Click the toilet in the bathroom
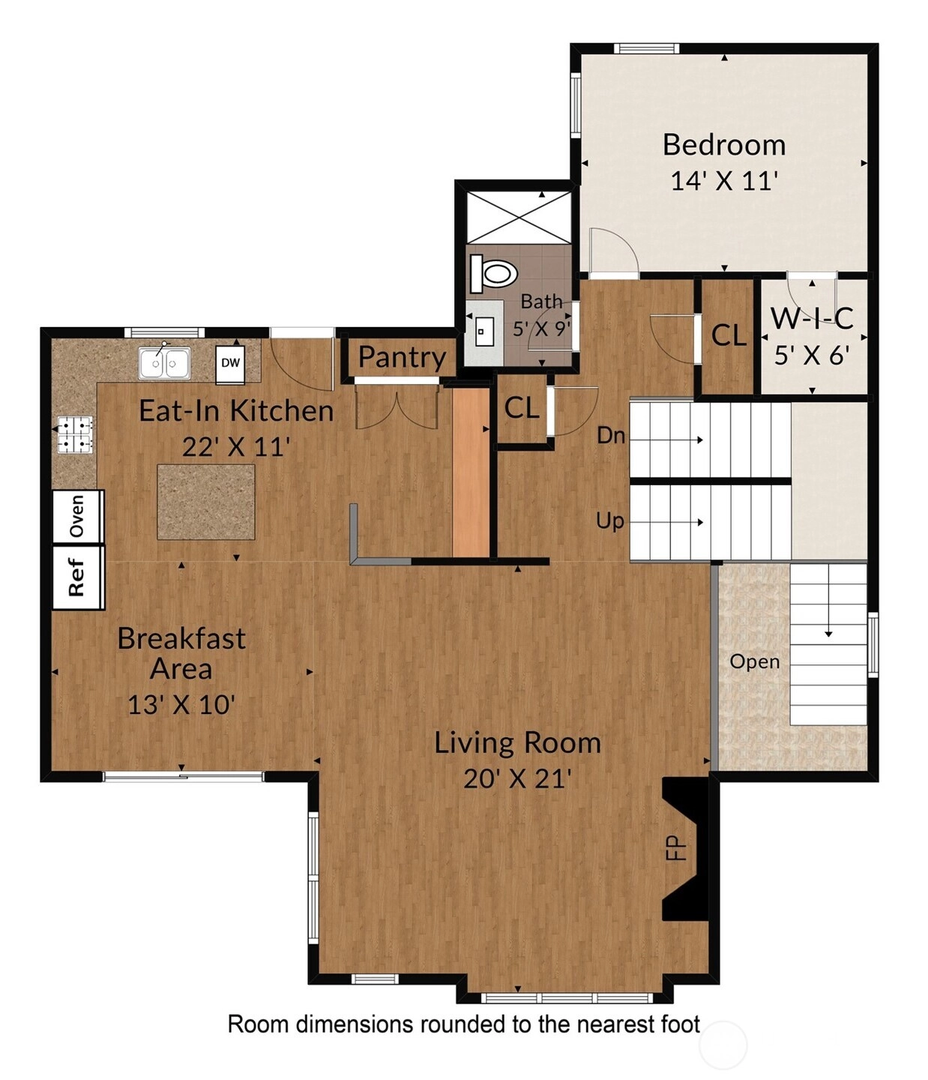(493, 273)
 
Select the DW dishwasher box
(230, 364)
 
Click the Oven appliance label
(76, 516)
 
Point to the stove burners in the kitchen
(75, 434)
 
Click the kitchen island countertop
(205, 502)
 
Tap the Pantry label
(402, 358)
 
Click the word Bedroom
(724, 145)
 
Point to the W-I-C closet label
(812, 319)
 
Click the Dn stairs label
(611, 435)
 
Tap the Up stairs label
(610, 521)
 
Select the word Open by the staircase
(754, 662)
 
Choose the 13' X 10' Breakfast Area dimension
(181, 705)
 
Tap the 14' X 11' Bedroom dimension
(724, 181)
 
